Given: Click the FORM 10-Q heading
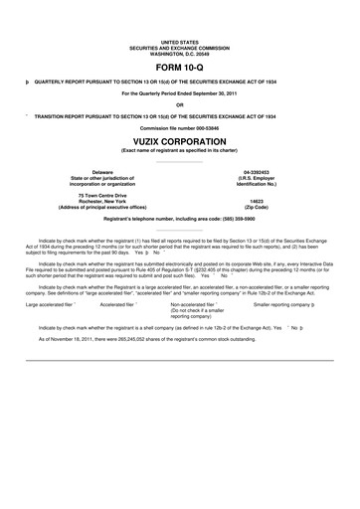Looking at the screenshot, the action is click(x=180, y=65).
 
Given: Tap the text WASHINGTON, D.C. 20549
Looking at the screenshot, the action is click(x=180, y=45).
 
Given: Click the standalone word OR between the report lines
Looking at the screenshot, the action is click(x=180, y=104).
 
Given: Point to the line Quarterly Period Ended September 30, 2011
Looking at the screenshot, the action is click(x=180, y=92).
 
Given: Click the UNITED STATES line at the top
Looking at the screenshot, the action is click(x=180, y=33).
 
